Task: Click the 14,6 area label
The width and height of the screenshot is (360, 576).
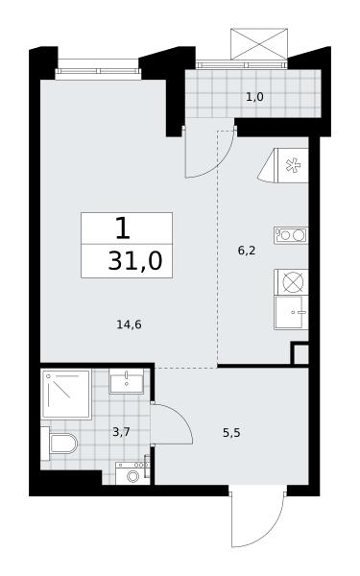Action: click(x=129, y=324)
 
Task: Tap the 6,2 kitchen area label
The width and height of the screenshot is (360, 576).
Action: click(x=247, y=251)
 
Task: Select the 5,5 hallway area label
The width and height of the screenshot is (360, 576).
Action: click(x=231, y=433)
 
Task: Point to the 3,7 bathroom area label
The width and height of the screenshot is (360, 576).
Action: click(x=121, y=432)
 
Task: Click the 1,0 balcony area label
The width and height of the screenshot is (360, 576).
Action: click(x=255, y=97)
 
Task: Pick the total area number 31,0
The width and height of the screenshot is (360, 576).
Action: click(x=135, y=261)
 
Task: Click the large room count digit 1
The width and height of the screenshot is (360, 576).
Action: click(x=123, y=228)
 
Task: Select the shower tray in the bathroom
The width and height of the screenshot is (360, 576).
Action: click(x=66, y=395)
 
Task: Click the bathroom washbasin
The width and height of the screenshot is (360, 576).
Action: click(x=127, y=382)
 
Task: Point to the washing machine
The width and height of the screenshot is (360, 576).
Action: click(x=132, y=473)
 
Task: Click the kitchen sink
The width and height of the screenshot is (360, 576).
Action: click(x=291, y=313)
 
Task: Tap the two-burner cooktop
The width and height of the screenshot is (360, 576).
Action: click(x=291, y=235)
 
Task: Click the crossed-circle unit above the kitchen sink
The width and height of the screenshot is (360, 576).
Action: click(x=291, y=282)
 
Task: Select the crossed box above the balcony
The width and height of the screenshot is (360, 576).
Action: click(x=259, y=43)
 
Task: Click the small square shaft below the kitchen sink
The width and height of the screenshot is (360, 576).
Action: click(x=300, y=353)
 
